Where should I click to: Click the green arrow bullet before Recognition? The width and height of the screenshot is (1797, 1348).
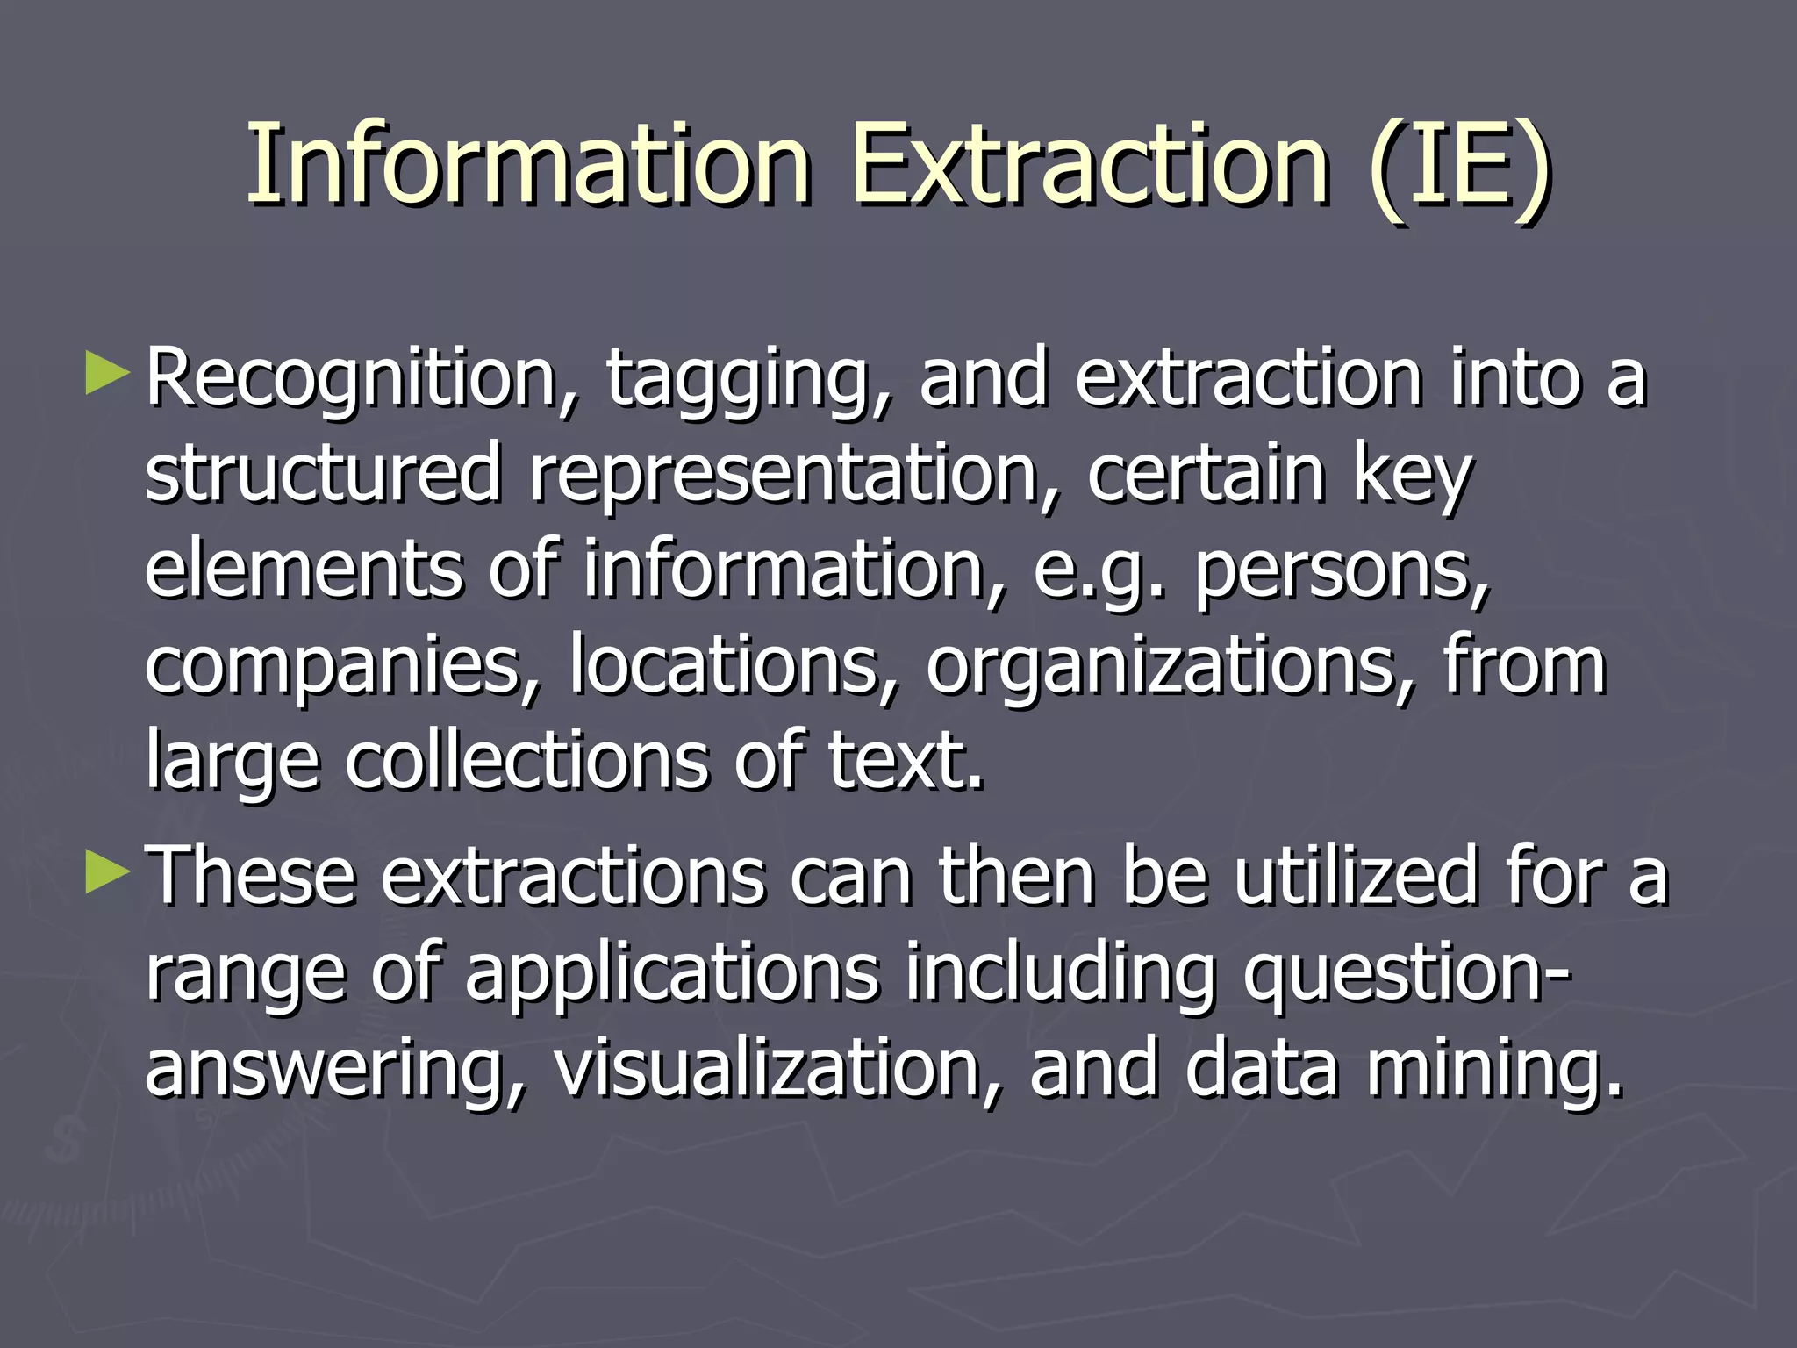point(108,373)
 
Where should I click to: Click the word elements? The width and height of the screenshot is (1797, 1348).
point(304,570)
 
